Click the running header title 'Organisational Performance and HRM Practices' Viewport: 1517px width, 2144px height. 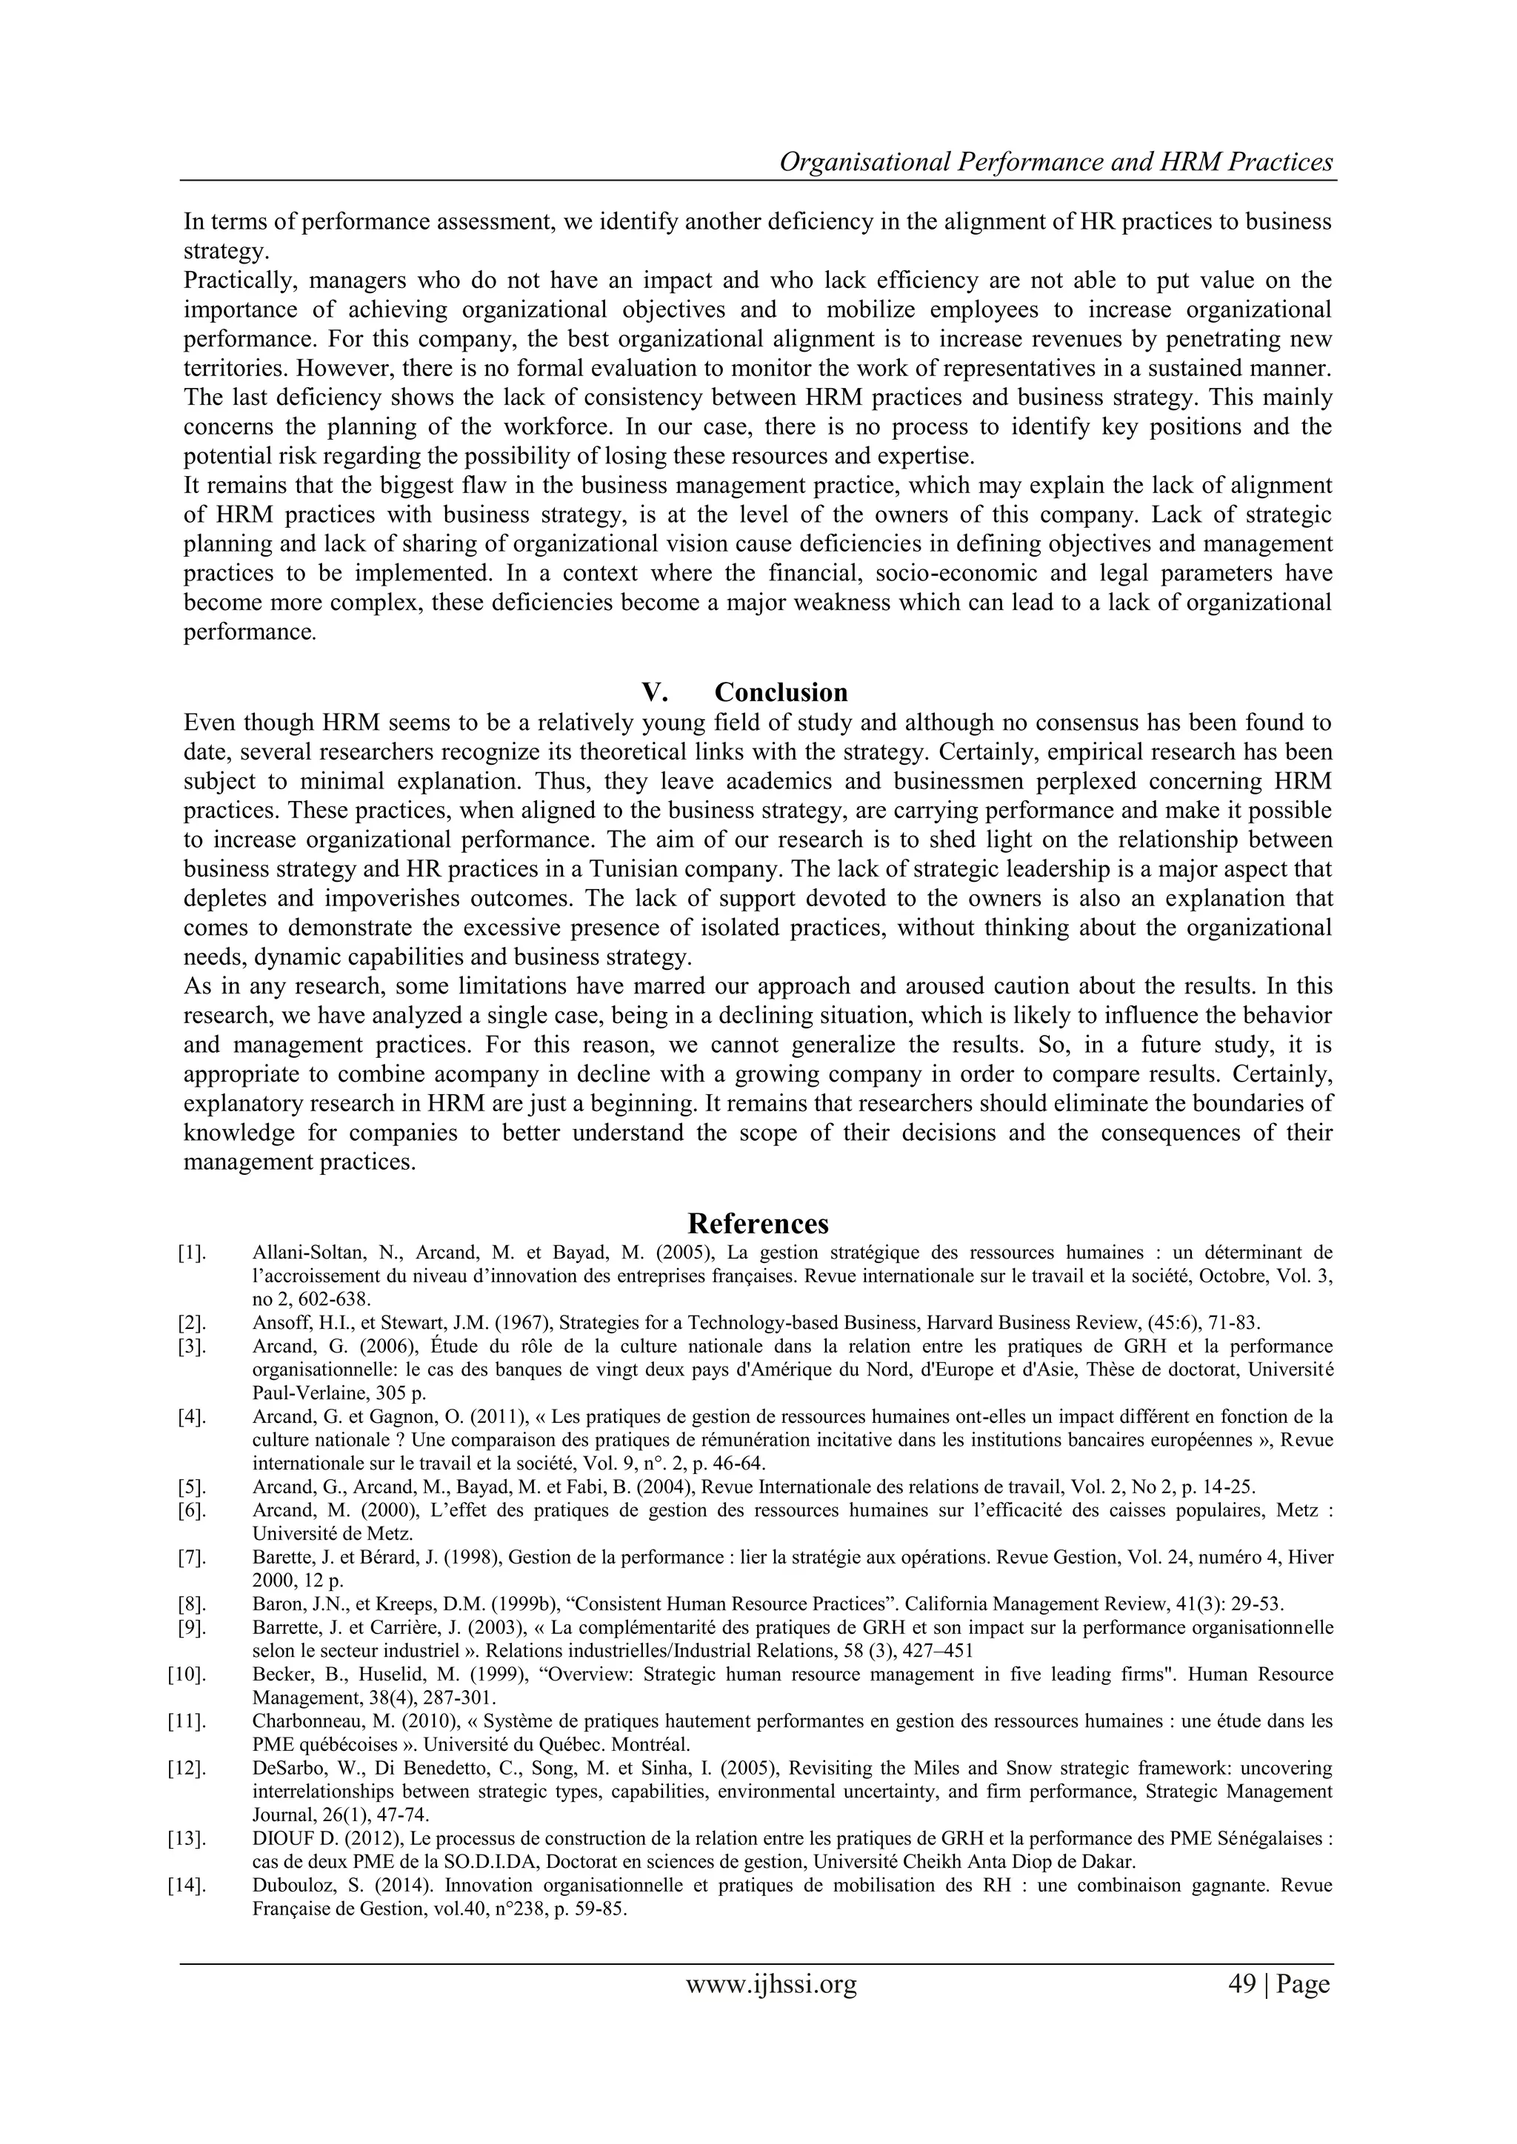pyautogui.click(x=1056, y=161)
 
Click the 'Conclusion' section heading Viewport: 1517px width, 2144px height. pyautogui.click(x=781, y=692)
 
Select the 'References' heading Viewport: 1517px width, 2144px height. pyautogui.click(x=758, y=1223)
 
